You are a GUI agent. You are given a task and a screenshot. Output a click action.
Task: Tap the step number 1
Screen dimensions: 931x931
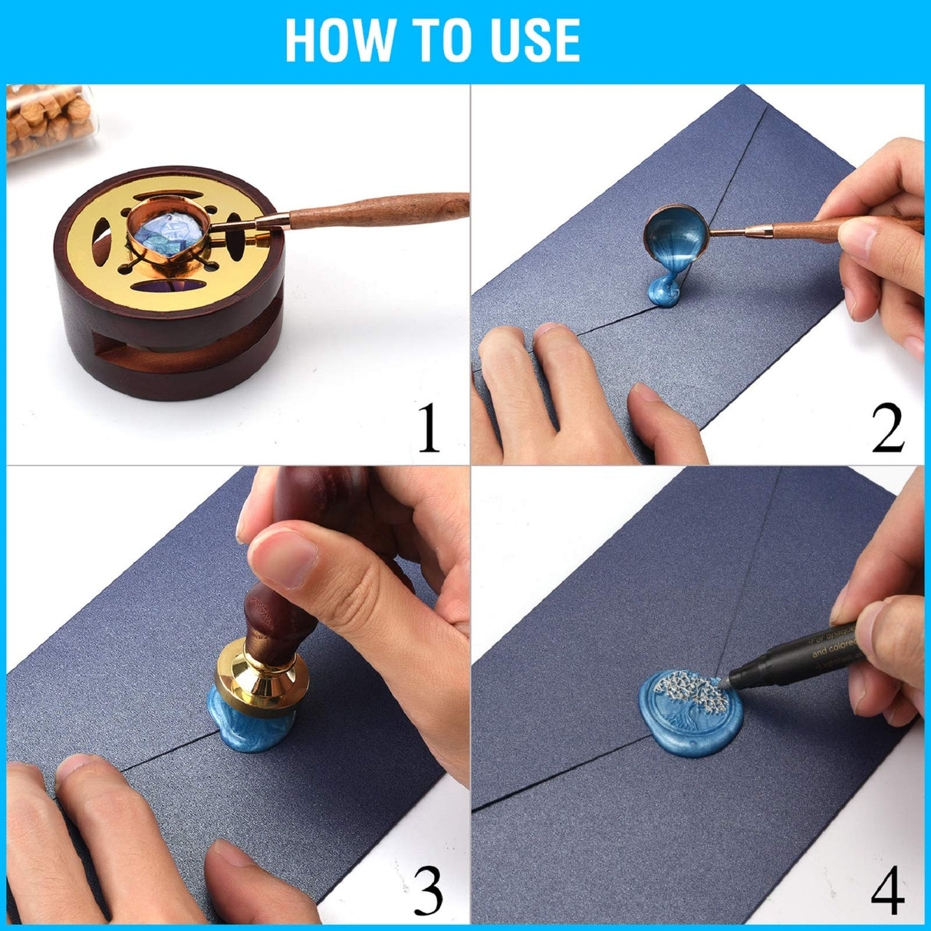click(429, 429)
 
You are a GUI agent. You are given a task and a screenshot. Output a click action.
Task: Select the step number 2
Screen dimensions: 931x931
click(888, 429)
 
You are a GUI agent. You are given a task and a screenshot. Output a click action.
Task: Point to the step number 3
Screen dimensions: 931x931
click(429, 890)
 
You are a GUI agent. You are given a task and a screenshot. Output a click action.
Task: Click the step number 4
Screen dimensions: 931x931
click(888, 890)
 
